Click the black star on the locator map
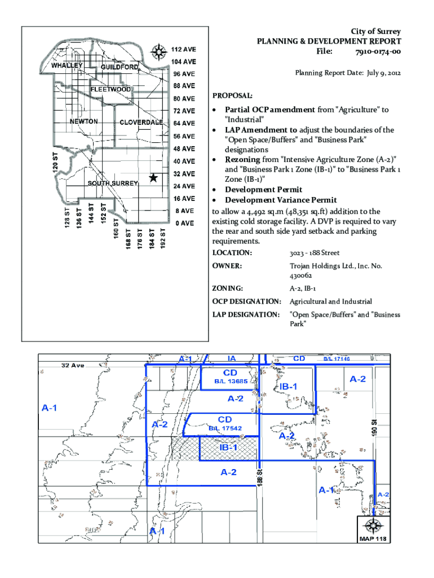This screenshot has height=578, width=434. coord(153,178)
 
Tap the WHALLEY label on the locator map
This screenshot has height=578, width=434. coord(67,65)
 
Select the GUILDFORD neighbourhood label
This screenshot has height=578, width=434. coord(119,68)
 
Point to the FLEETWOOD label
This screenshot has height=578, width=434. coord(110,89)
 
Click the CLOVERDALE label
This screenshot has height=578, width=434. coord(141,122)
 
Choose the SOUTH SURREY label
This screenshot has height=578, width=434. coord(109,184)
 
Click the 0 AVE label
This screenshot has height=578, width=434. coord(184,223)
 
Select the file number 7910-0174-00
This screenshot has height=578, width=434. coord(378,52)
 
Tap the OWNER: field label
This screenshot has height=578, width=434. coord(227,265)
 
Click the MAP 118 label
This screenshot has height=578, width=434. coord(374,539)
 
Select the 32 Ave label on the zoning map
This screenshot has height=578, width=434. coord(72,365)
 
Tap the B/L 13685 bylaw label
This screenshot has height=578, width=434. coord(231,382)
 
